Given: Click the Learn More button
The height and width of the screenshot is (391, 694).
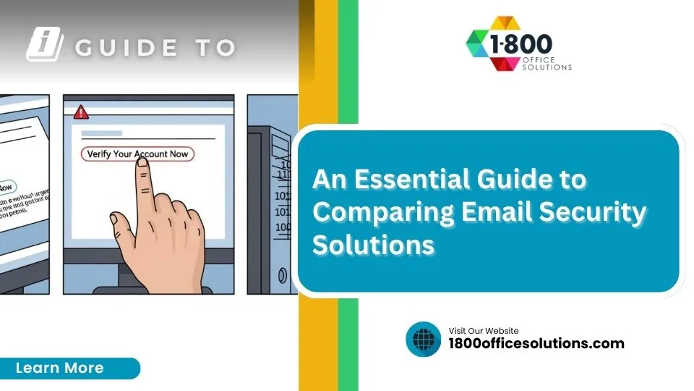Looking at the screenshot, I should pyautogui.click(x=61, y=368).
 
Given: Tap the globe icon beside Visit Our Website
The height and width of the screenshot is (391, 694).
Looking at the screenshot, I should pyautogui.click(x=423, y=339).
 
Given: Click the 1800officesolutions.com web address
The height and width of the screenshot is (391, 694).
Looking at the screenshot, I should pyautogui.click(x=536, y=343).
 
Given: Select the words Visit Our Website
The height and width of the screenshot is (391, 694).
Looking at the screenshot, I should pyautogui.click(x=484, y=331).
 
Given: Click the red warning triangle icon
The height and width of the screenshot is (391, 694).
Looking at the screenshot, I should pyautogui.click(x=81, y=112).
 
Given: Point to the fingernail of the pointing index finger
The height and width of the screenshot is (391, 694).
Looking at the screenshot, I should pyautogui.click(x=142, y=164).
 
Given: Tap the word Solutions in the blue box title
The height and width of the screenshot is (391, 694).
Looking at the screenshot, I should pyautogui.click(x=373, y=245).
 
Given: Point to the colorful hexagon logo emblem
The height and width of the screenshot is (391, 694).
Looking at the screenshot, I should pyautogui.click(x=488, y=45).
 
